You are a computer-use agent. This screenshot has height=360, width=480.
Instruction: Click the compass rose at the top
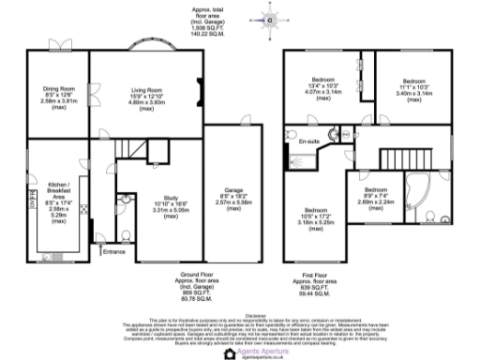click(269, 18)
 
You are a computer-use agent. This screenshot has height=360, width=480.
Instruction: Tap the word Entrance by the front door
click(114, 252)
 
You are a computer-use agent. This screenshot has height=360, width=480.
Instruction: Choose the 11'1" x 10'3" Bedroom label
click(413, 86)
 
